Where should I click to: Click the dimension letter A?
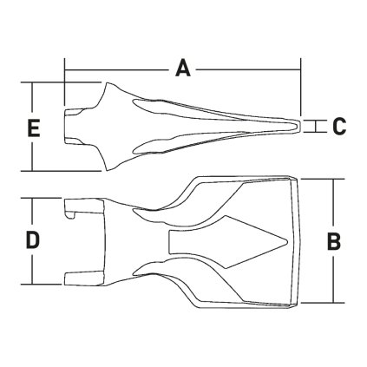point(182,68)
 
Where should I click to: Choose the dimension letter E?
point(33,128)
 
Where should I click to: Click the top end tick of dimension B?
point(333,179)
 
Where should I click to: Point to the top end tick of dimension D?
point(31,198)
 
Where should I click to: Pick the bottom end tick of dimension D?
point(31,285)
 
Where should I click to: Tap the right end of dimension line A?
point(300,68)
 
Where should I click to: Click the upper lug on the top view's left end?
point(76,207)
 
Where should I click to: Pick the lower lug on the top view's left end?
point(76,276)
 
